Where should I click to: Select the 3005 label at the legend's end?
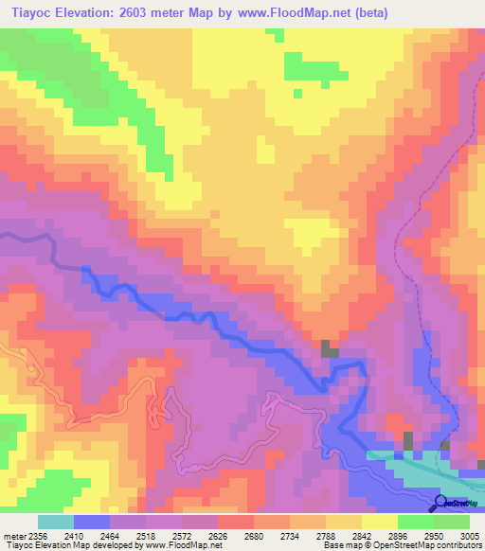pyautogui.click(x=471, y=536)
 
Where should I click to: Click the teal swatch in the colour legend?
pyautogui.click(x=55, y=522)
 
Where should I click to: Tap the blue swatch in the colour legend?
pyautogui.click(x=91, y=522)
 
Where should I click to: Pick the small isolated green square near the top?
pyautogui.click(x=297, y=93)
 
